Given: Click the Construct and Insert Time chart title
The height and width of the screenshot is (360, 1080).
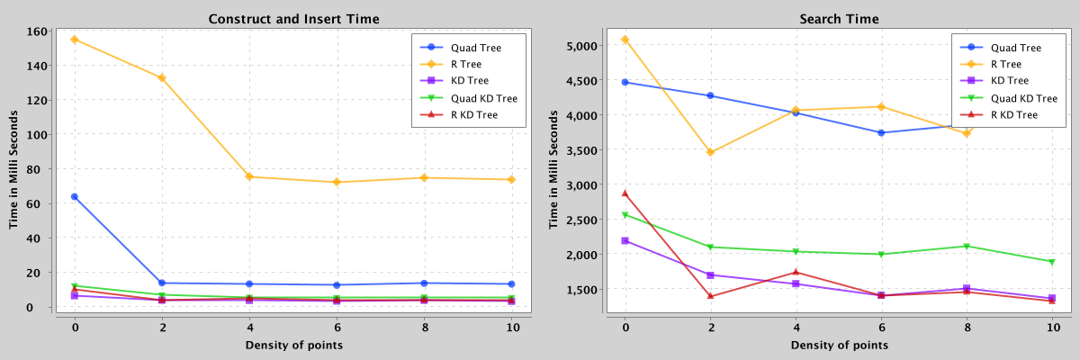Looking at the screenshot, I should point(292,18).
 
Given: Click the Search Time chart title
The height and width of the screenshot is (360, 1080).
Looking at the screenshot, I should point(839,18).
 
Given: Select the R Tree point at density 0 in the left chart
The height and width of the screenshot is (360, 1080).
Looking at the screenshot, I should point(75,40).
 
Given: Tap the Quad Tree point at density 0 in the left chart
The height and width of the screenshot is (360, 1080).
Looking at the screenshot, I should point(75,196).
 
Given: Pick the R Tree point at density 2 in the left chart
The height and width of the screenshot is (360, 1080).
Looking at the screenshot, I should point(162,78).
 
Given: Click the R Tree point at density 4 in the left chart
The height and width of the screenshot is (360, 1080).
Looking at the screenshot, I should point(249,176).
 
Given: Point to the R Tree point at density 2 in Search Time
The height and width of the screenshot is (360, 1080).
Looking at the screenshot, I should point(710,152).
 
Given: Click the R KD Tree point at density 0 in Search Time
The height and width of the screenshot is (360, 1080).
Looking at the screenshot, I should point(625,193).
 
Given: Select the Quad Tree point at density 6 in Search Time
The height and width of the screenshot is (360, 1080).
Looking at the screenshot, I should point(881,132).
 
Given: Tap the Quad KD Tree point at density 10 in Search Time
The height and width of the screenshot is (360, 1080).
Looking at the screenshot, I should point(1052,262).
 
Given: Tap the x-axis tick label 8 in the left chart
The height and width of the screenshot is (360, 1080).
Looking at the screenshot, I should point(424,328).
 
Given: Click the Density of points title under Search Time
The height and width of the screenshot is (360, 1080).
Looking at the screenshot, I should point(839,346).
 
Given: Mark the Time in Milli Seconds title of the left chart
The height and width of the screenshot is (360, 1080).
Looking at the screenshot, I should point(15,171).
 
